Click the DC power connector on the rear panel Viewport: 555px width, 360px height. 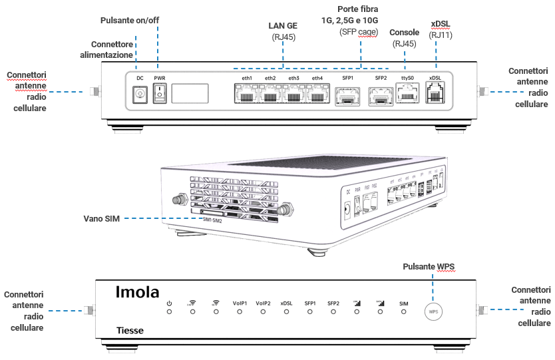pyautogui.click(x=140, y=95)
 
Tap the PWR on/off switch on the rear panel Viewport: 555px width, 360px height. pyautogui.click(x=159, y=95)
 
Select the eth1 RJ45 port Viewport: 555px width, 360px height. pyautogui.click(x=247, y=96)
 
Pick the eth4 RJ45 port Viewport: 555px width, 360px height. pyautogui.click(x=317, y=96)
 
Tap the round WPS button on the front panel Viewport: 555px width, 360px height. pyautogui.click(x=433, y=311)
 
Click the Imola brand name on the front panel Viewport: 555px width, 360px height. pyautogui.click(x=137, y=291)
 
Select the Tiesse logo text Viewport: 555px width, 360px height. pyautogui.click(x=130, y=330)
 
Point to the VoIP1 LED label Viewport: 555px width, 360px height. pyautogui.click(x=240, y=303)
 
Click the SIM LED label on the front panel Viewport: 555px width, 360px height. pyautogui.click(x=403, y=303)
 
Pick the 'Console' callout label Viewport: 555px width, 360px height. pyautogui.click(x=404, y=32)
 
